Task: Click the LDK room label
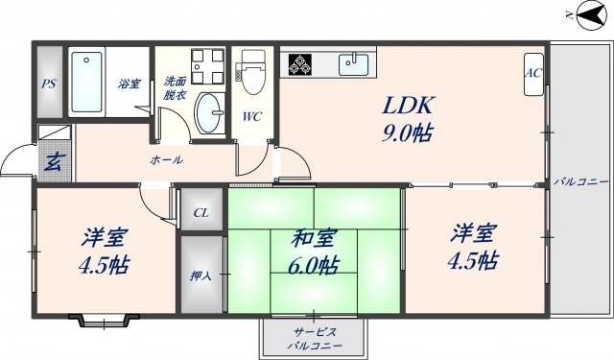(x=411, y=106)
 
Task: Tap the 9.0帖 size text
(x=413, y=132)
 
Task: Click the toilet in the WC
(x=253, y=74)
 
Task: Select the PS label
(x=49, y=84)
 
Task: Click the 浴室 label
(x=130, y=84)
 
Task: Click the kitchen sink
(x=354, y=65)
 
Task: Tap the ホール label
(x=166, y=159)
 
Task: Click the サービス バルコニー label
(x=314, y=337)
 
